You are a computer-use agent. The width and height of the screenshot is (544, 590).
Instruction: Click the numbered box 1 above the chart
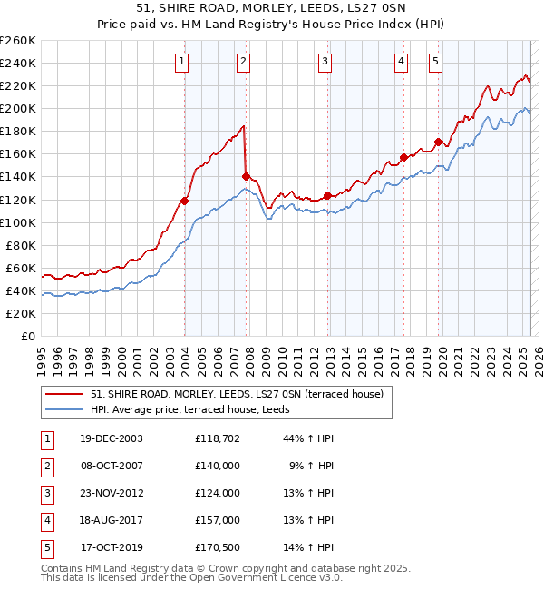[x=182, y=62]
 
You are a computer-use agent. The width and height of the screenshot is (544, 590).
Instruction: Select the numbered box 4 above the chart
[x=401, y=62]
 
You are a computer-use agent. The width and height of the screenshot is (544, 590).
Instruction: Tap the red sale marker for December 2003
[x=184, y=201]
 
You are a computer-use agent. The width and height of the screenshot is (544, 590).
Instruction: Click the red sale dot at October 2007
[x=246, y=176]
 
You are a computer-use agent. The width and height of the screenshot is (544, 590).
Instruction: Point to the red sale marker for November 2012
[x=327, y=194]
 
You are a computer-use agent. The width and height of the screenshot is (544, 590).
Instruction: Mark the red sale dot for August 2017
[x=403, y=157]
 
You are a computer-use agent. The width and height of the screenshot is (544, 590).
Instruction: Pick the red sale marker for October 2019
[x=438, y=142]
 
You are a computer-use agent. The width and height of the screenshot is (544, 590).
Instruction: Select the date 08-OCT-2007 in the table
[x=112, y=466]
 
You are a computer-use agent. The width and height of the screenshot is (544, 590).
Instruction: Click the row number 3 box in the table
[x=46, y=493]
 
